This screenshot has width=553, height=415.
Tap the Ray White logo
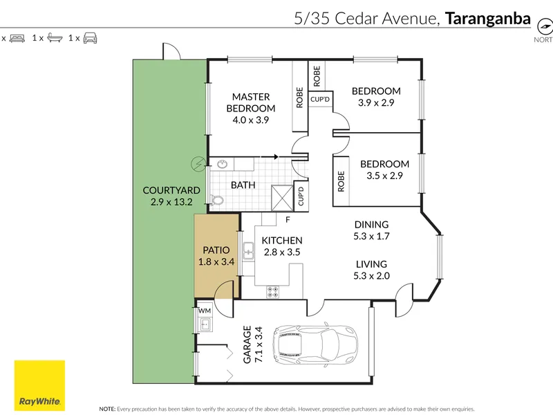(x=39, y=386)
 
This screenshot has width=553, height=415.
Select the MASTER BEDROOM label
(x=251, y=102)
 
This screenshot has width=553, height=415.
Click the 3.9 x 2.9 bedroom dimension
(x=376, y=102)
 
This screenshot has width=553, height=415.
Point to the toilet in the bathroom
(x=216, y=200)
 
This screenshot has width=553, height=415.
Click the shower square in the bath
(x=282, y=199)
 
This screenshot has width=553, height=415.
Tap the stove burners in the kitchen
(x=272, y=292)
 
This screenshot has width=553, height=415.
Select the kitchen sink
(x=248, y=251)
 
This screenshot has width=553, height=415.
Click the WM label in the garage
(x=205, y=311)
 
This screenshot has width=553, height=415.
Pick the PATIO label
(x=216, y=250)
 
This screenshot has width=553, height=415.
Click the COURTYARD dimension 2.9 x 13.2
(x=171, y=202)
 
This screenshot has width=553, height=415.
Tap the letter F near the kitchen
(x=288, y=220)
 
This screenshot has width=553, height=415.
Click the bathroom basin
(x=222, y=164)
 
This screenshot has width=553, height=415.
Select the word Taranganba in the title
(x=488, y=19)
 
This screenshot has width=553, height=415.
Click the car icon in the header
(x=90, y=38)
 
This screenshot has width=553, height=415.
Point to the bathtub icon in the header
(x=55, y=38)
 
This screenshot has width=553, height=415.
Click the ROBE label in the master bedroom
(x=299, y=98)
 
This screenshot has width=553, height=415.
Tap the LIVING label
(x=371, y=264)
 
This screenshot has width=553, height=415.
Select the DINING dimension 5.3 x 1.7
(x=371, y=236)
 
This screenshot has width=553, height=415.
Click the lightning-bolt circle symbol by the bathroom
(x=198, y=164)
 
